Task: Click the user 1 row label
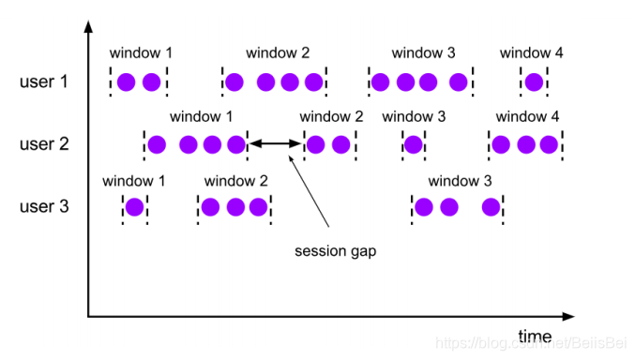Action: tap(44, 82)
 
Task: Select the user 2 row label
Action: tap(44, 144)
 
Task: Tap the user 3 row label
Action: tap(44, 206)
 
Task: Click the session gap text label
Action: tap(335, 251)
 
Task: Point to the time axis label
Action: tap(535, 336)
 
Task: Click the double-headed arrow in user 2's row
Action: tap(276, 144)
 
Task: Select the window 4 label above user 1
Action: tap(531, 53)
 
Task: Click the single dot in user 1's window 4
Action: tap(534, 82)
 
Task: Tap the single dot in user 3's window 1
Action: tap(134, 207)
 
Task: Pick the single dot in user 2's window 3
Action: tap(414, 144)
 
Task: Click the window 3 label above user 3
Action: tap(460, 180)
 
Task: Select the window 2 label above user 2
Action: tap(331, 117)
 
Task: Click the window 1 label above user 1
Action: tap(141, 53)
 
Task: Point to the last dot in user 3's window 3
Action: tap(491, 207)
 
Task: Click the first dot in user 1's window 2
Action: tap(235, 82)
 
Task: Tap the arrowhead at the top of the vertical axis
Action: tap(88, 22)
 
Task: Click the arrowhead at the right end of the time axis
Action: tap(570, 316)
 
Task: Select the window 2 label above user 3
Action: tap(235, 180)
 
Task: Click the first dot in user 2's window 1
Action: tap(157, 144)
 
